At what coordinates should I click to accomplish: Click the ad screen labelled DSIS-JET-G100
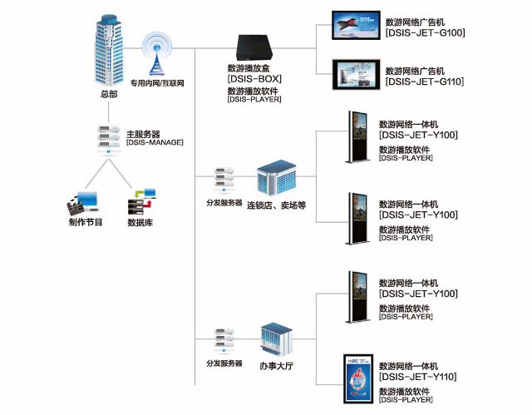click(355, 25)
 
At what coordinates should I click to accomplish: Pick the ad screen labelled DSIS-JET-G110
click(355, 74)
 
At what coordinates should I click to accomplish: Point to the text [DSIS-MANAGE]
click(155, 143)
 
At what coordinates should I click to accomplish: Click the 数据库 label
click(140, 223)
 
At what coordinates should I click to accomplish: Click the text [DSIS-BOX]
click(254, 79)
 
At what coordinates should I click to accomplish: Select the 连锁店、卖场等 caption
click(277, 205)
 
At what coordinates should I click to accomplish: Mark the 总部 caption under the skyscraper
click(108, 95)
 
